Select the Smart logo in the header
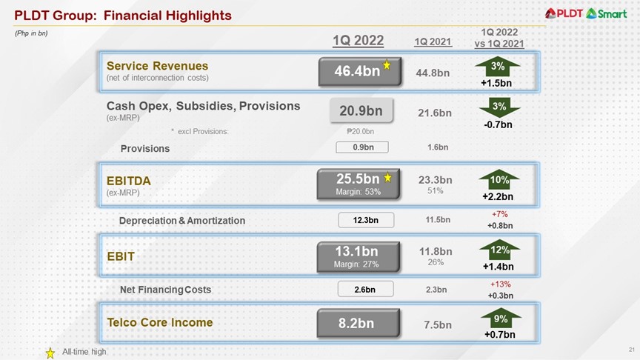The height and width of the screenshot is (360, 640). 607,13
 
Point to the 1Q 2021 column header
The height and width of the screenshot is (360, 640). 433,43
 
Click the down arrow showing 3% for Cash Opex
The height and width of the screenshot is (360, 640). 499,108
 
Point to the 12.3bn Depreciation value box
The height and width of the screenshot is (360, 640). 364,220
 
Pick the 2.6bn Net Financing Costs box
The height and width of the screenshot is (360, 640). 364,290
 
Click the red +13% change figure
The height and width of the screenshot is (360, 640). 500,284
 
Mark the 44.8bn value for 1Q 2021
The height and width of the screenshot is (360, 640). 436,73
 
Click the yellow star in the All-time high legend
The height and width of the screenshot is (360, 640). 50,353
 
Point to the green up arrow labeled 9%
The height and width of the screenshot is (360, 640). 500,319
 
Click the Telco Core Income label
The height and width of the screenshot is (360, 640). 159,322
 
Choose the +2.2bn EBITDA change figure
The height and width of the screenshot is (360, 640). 499,196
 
